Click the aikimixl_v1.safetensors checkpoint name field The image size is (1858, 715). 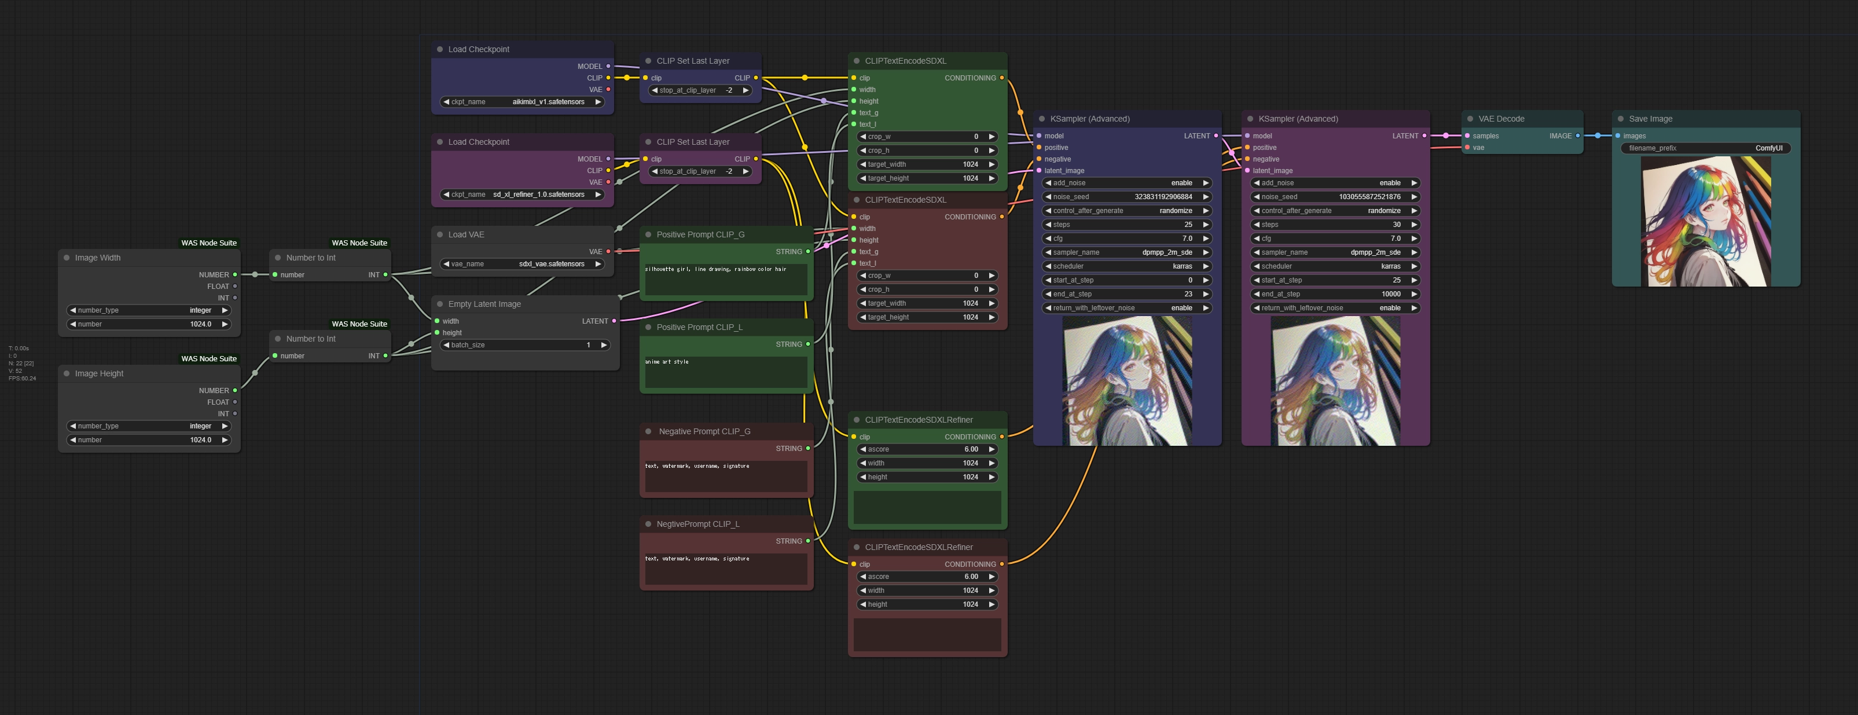pos(522,102)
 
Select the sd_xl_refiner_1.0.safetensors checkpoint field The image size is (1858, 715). pos(522,194)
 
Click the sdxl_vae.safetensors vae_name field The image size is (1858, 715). pos(522,264)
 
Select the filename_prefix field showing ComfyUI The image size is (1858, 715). pos(1705,148)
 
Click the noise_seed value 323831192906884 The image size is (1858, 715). pos(1126,197)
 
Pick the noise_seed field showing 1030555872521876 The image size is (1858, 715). pos(1335,197)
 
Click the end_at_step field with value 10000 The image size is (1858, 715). pos(1335,294)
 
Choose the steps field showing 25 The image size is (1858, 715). pos(1126,225)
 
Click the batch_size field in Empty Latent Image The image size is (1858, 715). pos(525,345)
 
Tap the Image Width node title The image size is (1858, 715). pos(98,258)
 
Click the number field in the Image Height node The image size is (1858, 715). pos(149,440)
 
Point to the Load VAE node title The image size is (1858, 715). pos(466,234)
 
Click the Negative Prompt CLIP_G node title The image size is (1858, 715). pos(704,431)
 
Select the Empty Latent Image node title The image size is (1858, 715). pos(484,304)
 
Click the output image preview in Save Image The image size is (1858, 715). pos(1705,222)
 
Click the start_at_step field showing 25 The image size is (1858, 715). pos(1335,280)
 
